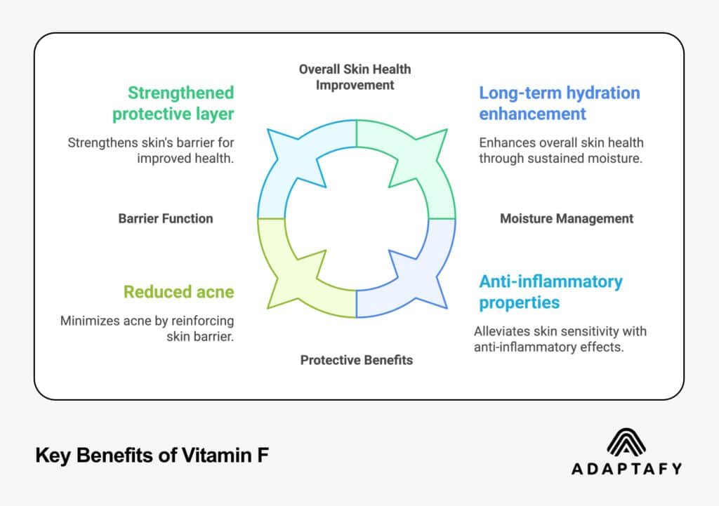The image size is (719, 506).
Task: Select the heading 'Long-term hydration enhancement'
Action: click(559, 103)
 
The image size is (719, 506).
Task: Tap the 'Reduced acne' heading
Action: click(178, 291)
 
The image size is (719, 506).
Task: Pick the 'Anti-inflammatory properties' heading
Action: click(550, 291)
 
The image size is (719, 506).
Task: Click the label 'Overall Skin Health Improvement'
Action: click(355, 77)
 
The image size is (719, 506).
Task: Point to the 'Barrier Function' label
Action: click(165, 218)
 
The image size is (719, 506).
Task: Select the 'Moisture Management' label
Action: click(566, 218)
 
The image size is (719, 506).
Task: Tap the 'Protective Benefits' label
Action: click(356, 360)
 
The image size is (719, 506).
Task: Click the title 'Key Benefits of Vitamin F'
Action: click(152, 456)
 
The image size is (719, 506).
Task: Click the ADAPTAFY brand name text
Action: click(626, 469)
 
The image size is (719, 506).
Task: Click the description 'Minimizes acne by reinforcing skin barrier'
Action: click(147, 328)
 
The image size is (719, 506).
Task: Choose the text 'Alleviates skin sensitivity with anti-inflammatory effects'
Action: click(560, 338)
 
